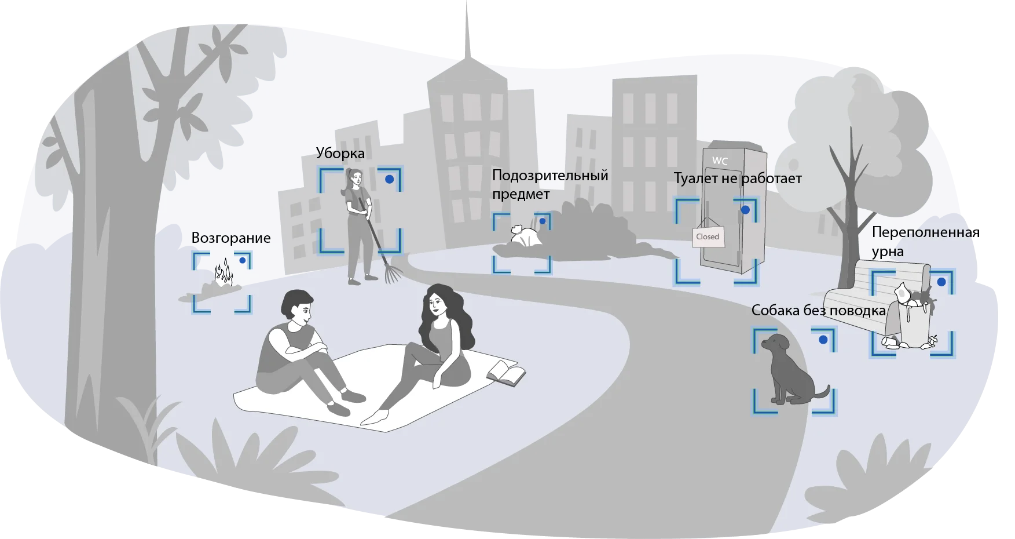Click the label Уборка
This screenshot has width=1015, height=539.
[x=340, y=154]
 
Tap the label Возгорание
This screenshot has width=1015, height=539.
[x=231, y=238]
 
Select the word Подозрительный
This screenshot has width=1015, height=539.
[x=550, y=176]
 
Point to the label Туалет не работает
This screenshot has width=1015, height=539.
[x=737, y=179]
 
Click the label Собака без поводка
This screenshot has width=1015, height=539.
[x=818, y=311]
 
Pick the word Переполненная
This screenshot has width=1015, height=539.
[x=925, y=232]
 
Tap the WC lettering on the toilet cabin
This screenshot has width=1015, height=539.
[x=720, y=161]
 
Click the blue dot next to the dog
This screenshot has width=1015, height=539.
[x=823, y=340]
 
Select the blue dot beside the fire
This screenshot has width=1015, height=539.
[x=243, y=261]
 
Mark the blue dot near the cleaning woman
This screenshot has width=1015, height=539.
[x=390, y=180]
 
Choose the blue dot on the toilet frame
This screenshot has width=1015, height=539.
[x=745, y=210]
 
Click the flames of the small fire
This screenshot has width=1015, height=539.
[x=223, y=272]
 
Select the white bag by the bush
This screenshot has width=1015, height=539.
[x=525, y=236]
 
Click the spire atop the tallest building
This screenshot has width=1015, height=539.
[x=467, y=32]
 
